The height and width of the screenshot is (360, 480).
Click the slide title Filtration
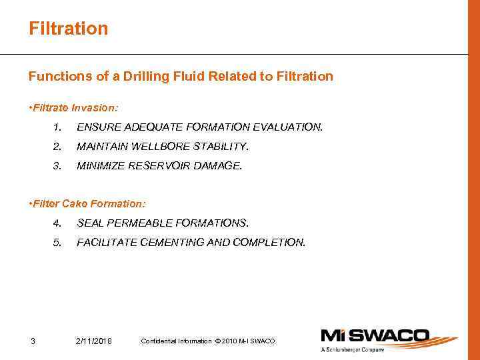pos(68,29)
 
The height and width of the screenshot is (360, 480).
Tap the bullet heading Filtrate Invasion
pos(73,107)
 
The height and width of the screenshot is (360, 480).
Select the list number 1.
pos(58,127)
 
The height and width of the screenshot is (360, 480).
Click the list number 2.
pos(57,146)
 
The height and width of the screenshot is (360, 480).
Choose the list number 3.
pos(57,165)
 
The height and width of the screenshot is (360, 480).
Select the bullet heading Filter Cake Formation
pos(87,203)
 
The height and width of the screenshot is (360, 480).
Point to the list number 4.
pos(57,223)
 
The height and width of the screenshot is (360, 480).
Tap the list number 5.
pos(57,242)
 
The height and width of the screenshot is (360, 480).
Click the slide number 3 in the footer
pos(33,342)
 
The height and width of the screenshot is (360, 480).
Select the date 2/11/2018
pos(94,342)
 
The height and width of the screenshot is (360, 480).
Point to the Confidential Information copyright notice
pos(207,341)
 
